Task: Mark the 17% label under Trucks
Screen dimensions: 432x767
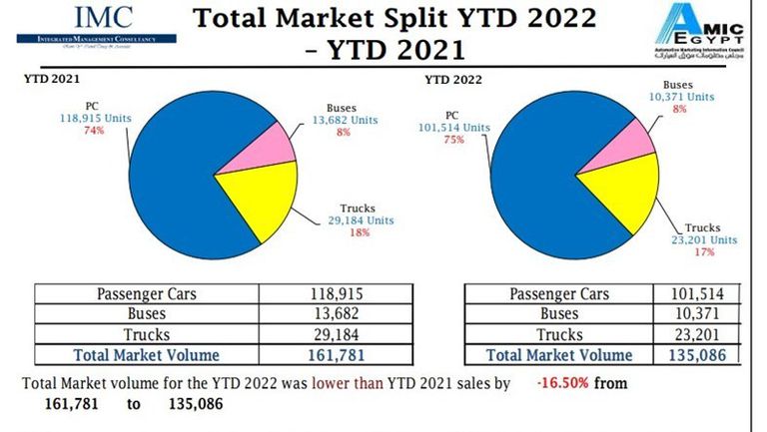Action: (703, 253)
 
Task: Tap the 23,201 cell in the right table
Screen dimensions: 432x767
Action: (697, 334)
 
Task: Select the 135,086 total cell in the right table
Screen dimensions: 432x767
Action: (697, 354)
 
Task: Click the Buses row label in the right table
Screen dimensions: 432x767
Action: (558, 314)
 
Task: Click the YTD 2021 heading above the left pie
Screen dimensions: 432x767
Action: (52, 76)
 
